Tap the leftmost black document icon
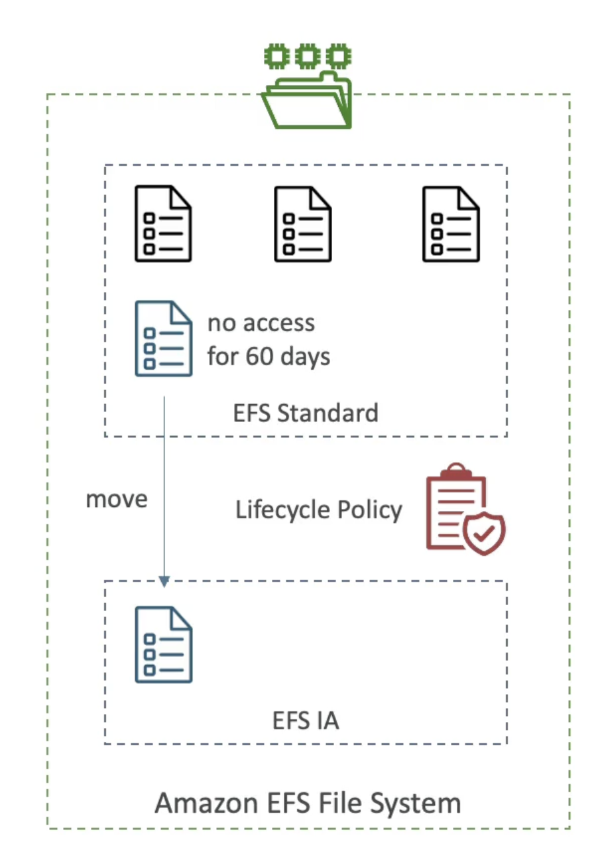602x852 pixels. (x=163, y=224)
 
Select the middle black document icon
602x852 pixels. (x=303, y=224)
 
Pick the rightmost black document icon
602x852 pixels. (x=451, y=224)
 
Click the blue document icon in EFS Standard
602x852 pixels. (x=164, y=338)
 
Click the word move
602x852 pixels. (x=117, y=499)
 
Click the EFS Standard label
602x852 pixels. (x=306, y=413)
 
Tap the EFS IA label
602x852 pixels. (x=306, y=721)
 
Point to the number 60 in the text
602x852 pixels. (x=259, y=356)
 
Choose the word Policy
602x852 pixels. (x=369, y=510)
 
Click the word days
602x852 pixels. (x=304, y=356)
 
